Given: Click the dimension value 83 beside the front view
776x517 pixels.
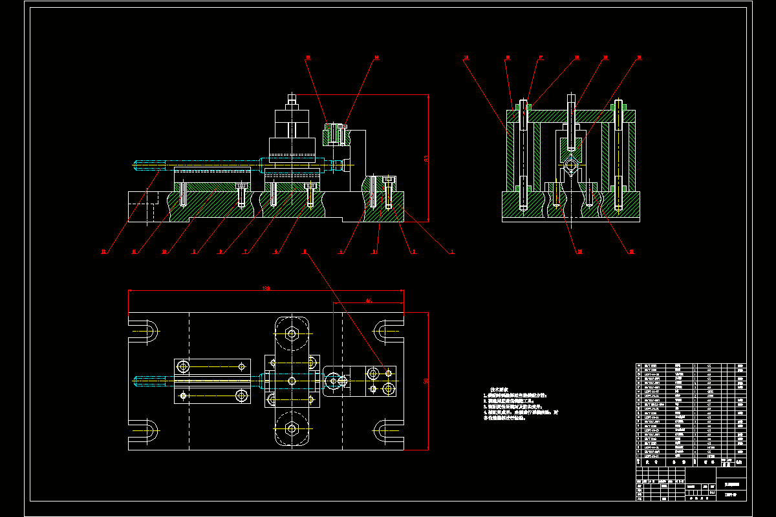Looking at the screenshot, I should (426, 158).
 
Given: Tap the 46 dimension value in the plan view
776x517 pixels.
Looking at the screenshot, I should (369, 301).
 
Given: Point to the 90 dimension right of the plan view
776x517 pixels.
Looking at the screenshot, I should (426, 381).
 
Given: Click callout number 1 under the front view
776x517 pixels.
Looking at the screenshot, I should (453, 252).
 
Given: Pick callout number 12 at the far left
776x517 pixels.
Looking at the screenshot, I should (103, 252).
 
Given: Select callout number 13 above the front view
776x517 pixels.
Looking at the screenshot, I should (308, 58).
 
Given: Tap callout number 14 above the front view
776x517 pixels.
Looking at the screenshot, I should (377, 58).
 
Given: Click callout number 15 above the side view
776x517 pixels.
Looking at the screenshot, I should (466, 58).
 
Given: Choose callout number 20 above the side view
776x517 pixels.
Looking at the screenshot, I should (639, 58).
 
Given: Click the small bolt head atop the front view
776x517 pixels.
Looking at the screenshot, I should (292, 100).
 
